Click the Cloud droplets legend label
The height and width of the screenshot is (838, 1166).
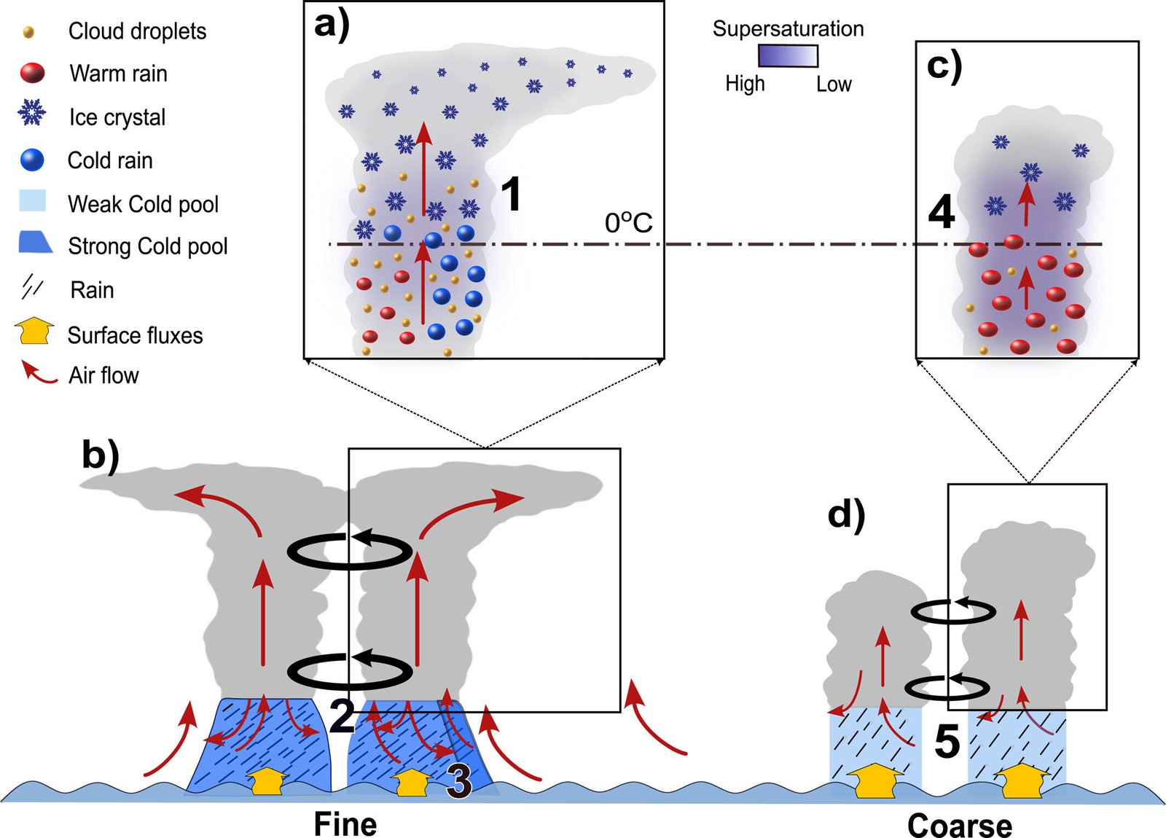(137, 31)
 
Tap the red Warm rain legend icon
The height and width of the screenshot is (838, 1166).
(32, 73)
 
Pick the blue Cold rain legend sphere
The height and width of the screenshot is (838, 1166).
(33, 160)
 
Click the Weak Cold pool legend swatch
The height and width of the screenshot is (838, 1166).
(33, 201)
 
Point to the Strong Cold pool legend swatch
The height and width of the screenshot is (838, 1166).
(35, 243)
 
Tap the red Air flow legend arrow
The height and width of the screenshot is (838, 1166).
(38, 372)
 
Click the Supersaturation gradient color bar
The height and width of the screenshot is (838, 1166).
(788, 56)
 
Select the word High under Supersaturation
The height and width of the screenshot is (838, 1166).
(745, 84)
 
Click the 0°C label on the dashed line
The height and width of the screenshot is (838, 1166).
(628, 223)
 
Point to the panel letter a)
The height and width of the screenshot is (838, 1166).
(332, 24)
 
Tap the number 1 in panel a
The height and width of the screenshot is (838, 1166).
(512, 195)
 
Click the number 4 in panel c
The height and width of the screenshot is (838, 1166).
(942, 212)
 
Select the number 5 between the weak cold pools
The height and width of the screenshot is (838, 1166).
(947, 741)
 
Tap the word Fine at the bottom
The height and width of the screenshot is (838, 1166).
(345, 824)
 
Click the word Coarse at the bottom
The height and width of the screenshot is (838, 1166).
(959, 826)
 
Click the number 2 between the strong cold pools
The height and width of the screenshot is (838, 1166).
(341, 716)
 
